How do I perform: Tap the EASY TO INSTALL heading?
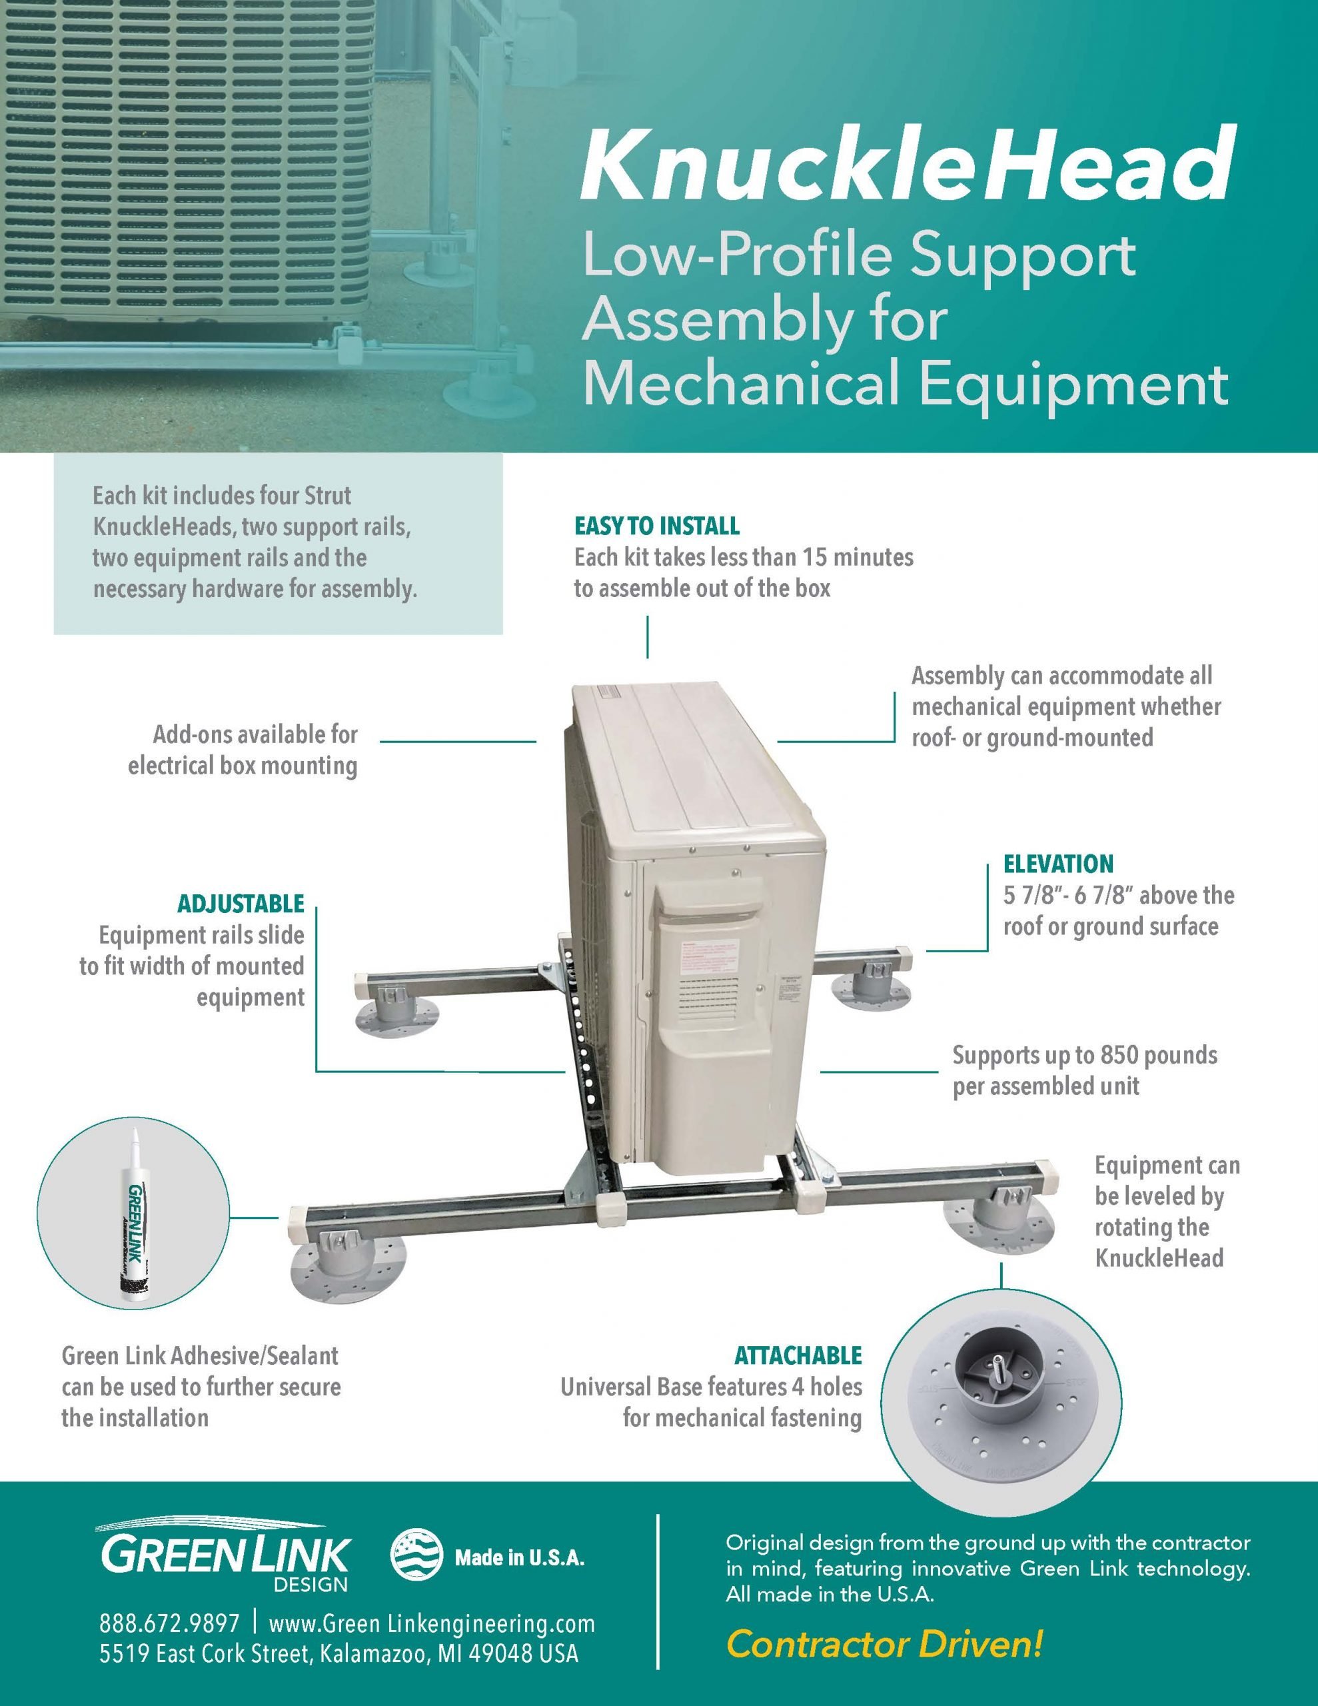(657, 526)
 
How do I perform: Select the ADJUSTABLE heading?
(241, 904)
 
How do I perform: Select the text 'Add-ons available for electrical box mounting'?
(243, 750)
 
